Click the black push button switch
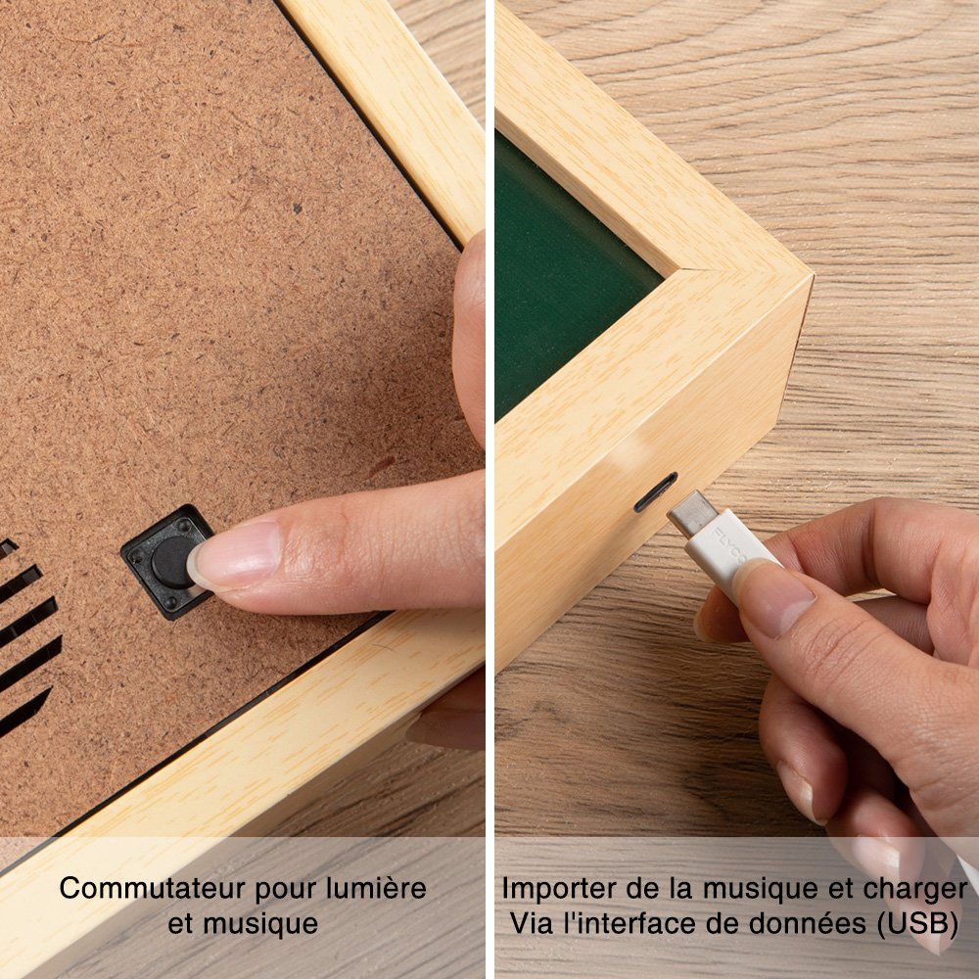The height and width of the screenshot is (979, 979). point(167,561)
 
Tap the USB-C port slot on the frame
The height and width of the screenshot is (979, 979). point(655,492)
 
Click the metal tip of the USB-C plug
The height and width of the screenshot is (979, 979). point(692,514)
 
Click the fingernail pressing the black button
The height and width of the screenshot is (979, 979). point(235,556)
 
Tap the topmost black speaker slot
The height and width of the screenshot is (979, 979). point(8,548)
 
